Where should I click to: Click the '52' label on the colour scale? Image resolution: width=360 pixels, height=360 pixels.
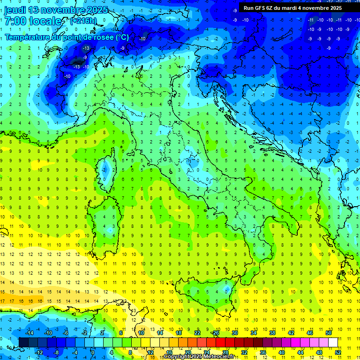tap(338, 352)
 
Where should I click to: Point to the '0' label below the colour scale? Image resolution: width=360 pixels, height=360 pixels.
tap(92, 352)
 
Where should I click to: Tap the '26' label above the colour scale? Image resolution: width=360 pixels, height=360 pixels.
tap(216, 333)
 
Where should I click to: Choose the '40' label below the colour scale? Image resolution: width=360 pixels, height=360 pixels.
tap(282, 352)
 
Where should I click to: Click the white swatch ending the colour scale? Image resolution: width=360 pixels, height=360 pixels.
tap(333, 342)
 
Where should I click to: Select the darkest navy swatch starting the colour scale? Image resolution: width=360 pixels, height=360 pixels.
tap(23, 342)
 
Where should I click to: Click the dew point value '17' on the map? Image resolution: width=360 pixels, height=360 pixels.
tap(3, 301)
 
